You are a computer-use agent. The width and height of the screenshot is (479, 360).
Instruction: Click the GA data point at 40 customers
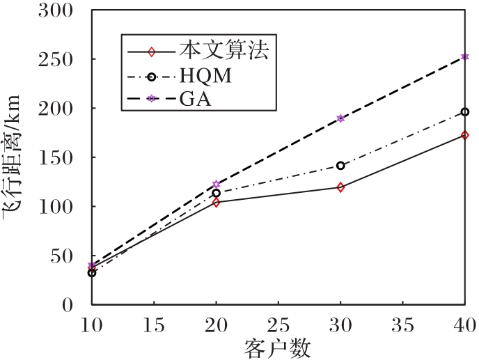[464, 57]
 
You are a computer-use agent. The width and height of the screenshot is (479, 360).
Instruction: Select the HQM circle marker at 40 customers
[464, 111]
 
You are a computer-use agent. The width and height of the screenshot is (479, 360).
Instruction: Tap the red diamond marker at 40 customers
[464, 135]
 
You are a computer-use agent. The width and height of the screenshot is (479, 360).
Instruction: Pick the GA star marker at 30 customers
[340, 118]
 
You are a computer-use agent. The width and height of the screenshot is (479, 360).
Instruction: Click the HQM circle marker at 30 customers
[340, 166]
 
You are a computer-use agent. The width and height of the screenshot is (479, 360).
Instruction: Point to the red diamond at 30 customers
[340, 187]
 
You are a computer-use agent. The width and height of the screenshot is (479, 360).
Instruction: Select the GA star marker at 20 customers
[216, 185]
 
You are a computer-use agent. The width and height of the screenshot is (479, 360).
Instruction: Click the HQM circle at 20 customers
[216, 193]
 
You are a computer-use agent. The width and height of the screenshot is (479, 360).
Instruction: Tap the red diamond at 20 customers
[216, 203]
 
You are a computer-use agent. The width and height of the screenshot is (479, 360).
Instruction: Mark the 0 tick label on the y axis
[68, 305]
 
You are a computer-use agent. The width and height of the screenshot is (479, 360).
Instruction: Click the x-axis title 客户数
[277, 347]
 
